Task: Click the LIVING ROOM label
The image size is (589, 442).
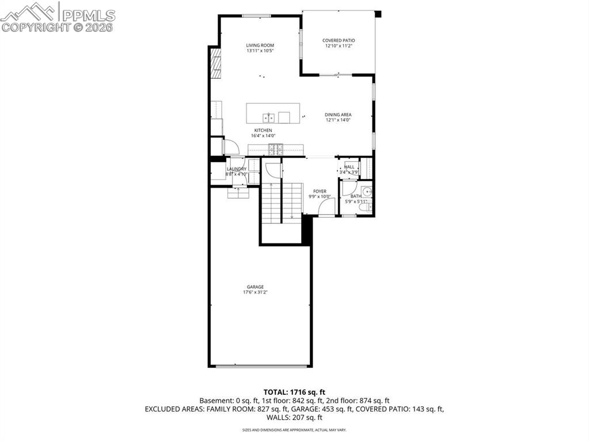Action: point(260,45)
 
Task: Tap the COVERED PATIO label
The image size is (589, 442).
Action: point(338,40)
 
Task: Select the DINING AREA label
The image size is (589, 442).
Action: point(338,115)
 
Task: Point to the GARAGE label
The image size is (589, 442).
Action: point(255,287)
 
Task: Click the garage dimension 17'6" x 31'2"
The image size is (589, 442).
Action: point(255,292)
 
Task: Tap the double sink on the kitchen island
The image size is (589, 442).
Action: point(268,117)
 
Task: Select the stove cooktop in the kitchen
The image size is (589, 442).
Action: point(274,150)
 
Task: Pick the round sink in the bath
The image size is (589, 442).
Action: point(367,191)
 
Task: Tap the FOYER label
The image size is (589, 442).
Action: point(320,191)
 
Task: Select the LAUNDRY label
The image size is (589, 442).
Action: point(236,169)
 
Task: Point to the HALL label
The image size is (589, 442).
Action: point(349,167)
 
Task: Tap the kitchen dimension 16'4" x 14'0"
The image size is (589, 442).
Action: point(264,136)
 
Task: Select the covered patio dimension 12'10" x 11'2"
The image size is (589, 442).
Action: point(338,46)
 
